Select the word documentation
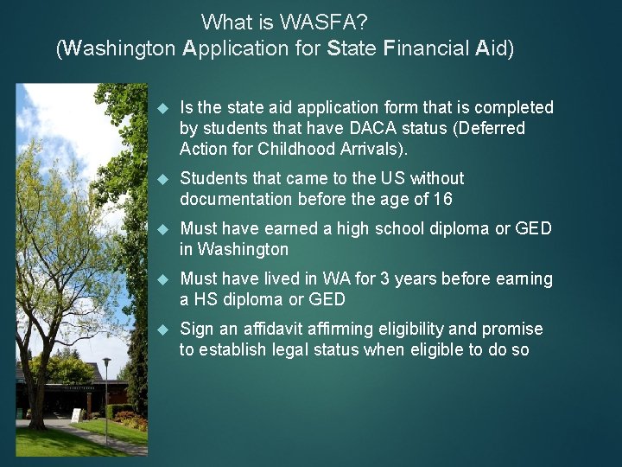click(237, 199)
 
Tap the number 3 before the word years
click(385, 278)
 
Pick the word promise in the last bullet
click(516, 329)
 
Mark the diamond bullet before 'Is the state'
click(161, 108)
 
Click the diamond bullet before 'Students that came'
click(161, 179)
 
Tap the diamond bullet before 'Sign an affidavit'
click(161, 329)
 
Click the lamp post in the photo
click(106, 389)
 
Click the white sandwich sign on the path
click(77, 415)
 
